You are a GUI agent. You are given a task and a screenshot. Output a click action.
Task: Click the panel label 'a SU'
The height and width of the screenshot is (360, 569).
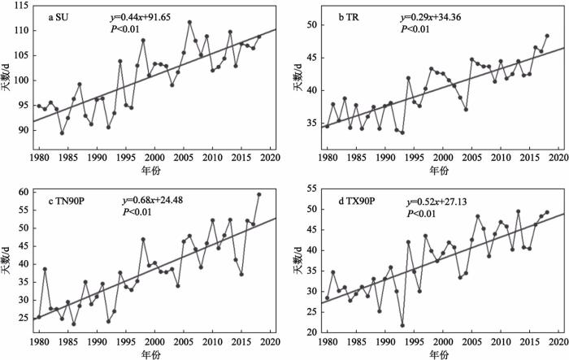pos(63,16)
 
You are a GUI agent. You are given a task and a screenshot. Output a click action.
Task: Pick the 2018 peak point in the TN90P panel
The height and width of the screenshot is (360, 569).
pos(259,195)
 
